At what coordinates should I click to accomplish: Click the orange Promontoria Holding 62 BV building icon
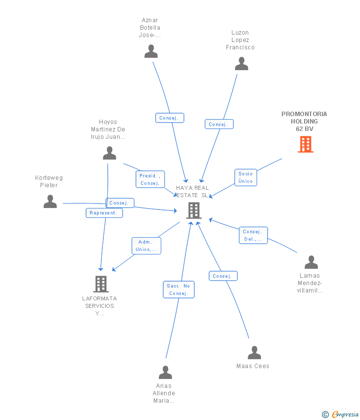tap(306, 144)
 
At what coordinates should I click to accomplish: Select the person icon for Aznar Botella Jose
tap(151, 51)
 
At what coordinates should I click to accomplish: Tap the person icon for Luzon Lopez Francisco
tap(241, 64)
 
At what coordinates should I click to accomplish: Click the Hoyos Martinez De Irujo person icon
tap(109, 153)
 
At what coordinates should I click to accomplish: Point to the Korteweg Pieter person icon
tap(50, 202)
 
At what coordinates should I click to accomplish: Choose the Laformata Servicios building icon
tap(101, 284)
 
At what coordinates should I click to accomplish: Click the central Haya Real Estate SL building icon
tap(193, 210)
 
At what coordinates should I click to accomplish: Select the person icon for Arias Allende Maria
tap(165, 372)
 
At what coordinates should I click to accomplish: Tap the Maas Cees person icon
tap(254, 353)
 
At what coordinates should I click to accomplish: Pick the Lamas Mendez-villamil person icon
tap(311, 262)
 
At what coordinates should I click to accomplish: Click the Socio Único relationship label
tap(245, 177)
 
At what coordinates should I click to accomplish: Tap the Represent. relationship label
tap(104, 213)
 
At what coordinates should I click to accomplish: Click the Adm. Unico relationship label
tap(146, 246)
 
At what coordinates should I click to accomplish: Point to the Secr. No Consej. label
tap(179, 290)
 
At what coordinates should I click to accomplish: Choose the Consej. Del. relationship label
tap(253, 235)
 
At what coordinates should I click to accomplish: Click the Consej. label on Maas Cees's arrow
tap(223, 276)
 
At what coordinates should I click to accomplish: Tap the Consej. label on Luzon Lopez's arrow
tap(219, 125)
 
